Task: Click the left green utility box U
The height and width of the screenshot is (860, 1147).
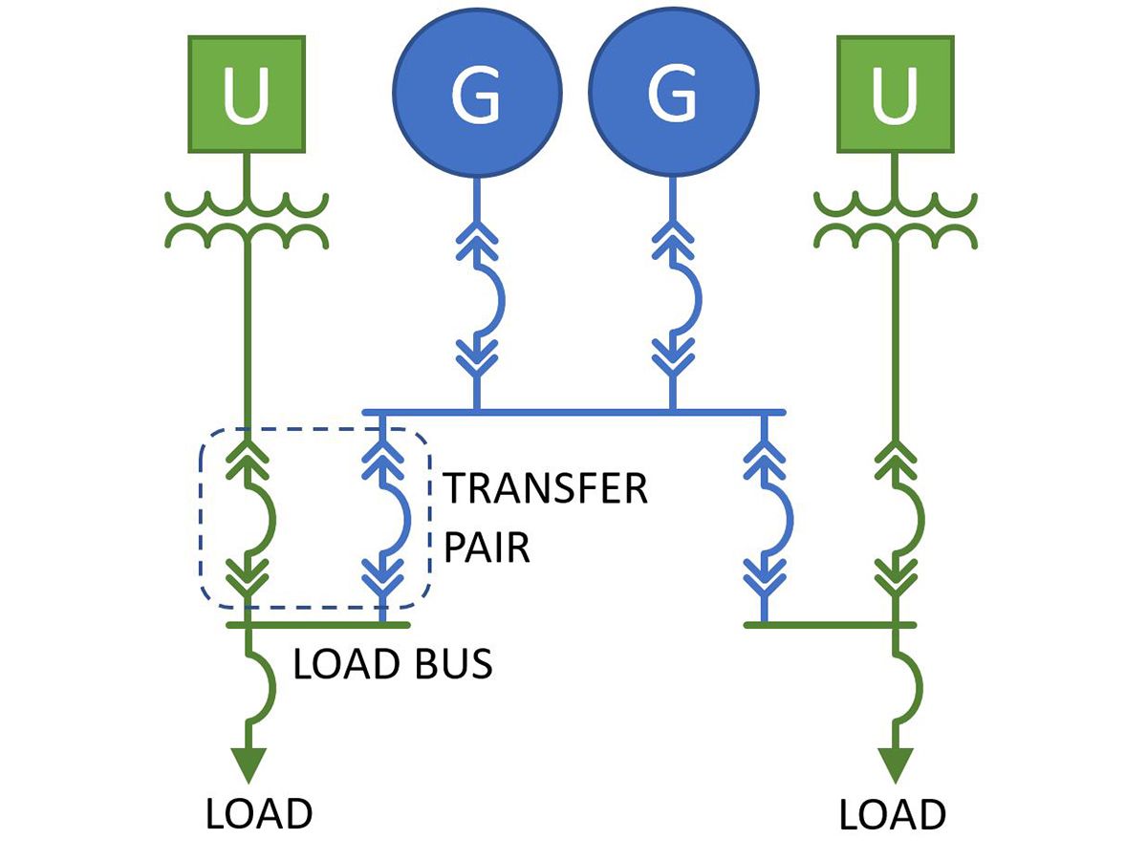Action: point(247,95)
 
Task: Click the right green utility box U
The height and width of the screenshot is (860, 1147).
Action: point(896,95)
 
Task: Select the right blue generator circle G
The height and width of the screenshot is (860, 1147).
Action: point(673,95)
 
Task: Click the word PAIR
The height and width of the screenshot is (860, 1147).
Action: point(487,549)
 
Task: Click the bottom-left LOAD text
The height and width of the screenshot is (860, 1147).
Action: point(259,814)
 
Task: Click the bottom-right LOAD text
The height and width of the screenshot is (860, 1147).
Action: point(893,816)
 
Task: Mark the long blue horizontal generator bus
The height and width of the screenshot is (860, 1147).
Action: point(573,412)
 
